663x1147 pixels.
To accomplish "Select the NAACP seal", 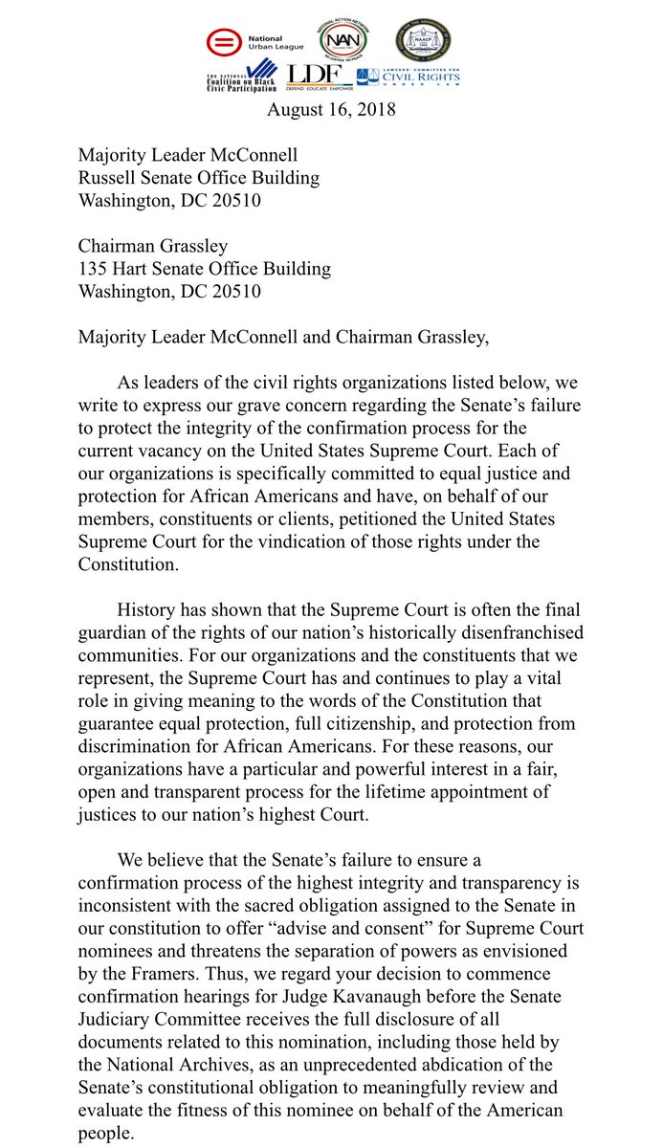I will point(425,39).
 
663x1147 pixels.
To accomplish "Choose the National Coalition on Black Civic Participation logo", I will point(241,76).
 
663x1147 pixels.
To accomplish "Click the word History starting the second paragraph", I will point(148,609).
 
